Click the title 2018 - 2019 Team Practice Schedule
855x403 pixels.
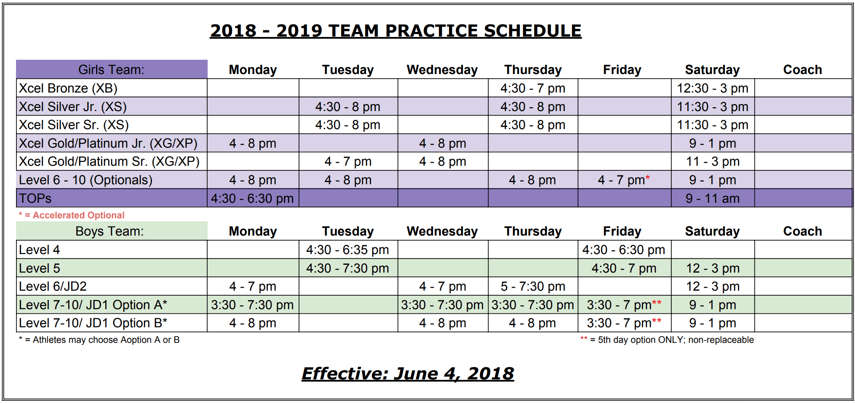click(x=395, y=31)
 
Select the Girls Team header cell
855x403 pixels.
click(x=112, y=69)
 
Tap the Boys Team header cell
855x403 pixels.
click(x=112, y=231)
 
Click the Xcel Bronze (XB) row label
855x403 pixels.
click(x=68, y=88)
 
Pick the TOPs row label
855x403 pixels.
click(x=35, y=198)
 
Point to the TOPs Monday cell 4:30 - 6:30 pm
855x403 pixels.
click(x=252, y=198)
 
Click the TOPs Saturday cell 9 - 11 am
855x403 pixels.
click(x=712, y=198)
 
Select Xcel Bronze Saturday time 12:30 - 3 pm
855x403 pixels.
click(x=712, y=88)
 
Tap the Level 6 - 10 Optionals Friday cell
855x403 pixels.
click(x=624, y=180)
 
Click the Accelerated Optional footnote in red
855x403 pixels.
click(x=72, y=215)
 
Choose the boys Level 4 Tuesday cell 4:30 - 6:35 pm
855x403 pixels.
click(x=347, y=250)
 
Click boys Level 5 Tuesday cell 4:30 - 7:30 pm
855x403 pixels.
click(x=347, y=268)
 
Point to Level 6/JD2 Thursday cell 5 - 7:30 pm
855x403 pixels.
click(x=533, y=286)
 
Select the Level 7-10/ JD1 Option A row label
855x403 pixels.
click(x=93, y=305)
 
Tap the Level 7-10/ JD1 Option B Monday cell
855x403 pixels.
click(x=253, y=323)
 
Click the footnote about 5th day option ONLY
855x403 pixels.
click(x=667, y=340)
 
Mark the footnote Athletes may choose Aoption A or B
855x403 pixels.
click(x=99, y=340)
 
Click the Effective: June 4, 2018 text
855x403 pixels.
click(x=408, y=374)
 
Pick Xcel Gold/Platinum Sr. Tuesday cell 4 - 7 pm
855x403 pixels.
click(x=348, y=162)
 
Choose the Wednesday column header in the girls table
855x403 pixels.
click(x=442, y=69)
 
